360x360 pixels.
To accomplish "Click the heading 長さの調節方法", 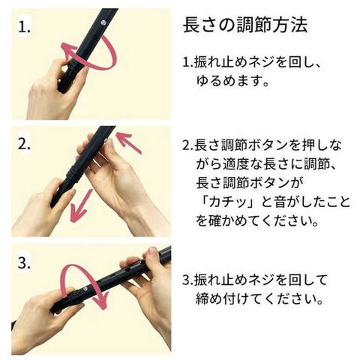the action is (x=245, y=25).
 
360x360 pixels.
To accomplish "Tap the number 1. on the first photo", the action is (x=24, y=28).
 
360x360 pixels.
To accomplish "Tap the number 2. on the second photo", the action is (x=24, y=144).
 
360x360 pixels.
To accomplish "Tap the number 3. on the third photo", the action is (x=24, y=262).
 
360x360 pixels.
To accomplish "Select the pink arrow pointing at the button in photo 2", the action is (x=129, y=142).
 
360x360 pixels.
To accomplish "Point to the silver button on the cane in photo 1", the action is (x=103, y=23).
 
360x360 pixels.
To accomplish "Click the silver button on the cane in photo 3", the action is (x=85, y=289).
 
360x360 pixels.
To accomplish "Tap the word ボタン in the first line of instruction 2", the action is (x=269, y=145).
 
